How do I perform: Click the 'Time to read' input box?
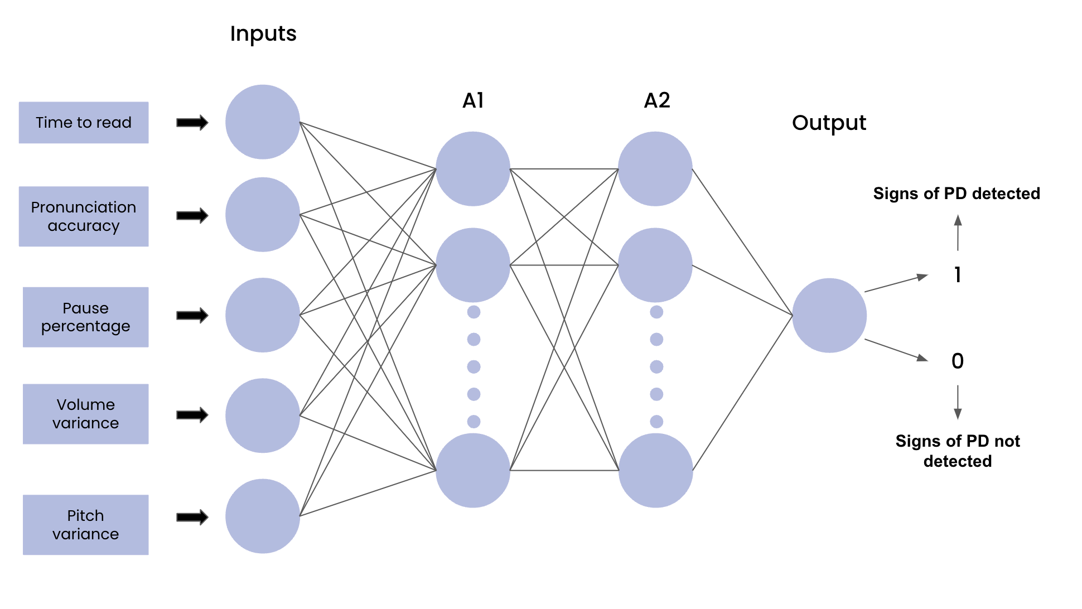click(84, 123)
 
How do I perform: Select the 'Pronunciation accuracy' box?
click(84, 216)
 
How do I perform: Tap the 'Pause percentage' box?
click(85, 317)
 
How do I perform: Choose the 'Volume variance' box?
click(85, 414)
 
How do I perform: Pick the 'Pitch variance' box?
click(85, 525)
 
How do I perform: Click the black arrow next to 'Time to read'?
click(192, 123)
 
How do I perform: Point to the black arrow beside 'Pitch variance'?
click(192, 517)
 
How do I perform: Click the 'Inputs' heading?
click(263, 34)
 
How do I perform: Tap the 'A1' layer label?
click(473, 101)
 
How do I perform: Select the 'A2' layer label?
click(656, 101)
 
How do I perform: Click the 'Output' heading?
click(829, 123)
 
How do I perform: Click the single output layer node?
click(829, 316)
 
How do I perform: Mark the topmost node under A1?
click(472, 169)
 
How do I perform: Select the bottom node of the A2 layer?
click(655, 471)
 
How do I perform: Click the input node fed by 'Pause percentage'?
click(262, 315)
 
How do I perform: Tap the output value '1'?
click(957, 275)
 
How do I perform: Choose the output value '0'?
click(957, 361)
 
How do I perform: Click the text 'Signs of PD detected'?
click(956, 194)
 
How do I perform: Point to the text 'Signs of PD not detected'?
click(957, 451)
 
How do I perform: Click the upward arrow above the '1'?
click(958, 233)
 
